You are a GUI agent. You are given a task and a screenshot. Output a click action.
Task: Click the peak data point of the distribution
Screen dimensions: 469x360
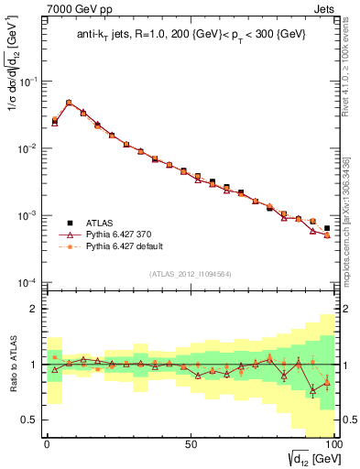(x=69, y=103)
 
